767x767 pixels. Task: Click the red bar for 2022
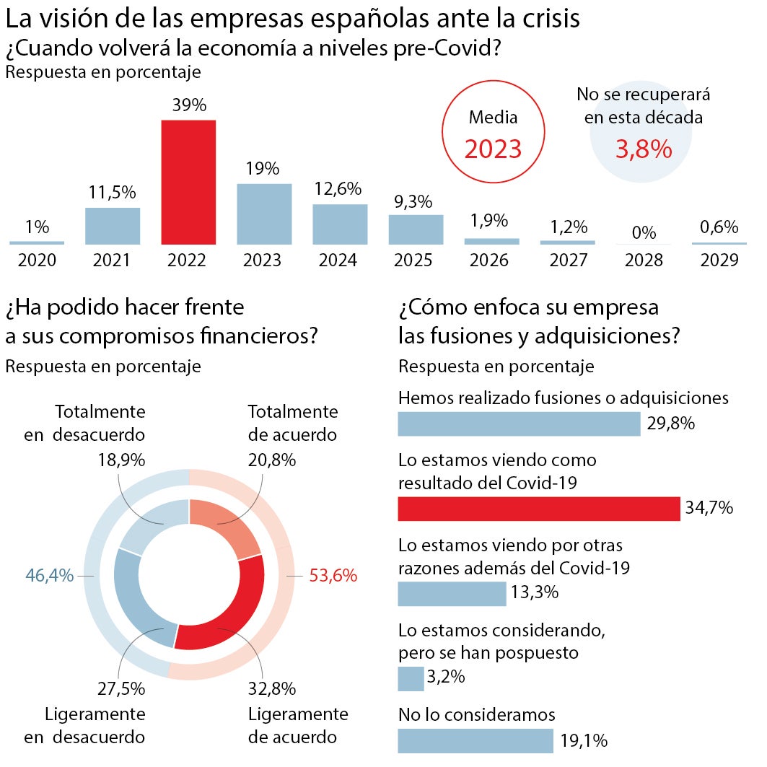pos(188,183)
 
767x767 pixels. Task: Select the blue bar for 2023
pos(264,214)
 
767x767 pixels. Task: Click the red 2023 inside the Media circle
pos(493,149)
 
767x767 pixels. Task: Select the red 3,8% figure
pos(644,149)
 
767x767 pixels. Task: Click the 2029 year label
pos(719,260)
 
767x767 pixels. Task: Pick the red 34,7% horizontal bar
pos(539,509)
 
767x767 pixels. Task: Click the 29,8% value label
pos(670,424)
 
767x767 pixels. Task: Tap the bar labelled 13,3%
pos(452,594)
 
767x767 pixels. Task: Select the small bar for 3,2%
pos(411,678)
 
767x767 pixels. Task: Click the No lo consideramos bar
pos(475,741)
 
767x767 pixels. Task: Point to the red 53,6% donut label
pos(333,576)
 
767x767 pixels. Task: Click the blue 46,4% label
pos(50,576)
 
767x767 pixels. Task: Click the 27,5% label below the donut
pos(121,688)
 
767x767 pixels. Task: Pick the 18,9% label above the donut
pos(121,460)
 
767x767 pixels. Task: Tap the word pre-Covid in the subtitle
pos(455,50)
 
